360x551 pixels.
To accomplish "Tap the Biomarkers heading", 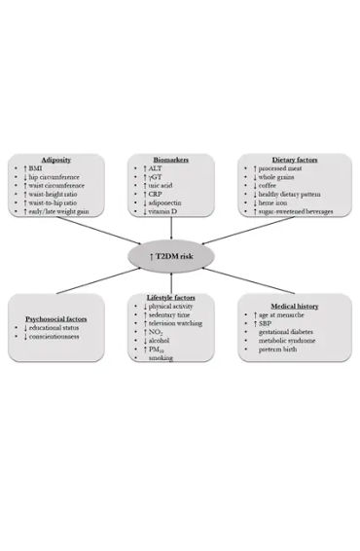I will click(171, 159).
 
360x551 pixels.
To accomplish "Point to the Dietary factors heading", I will click(287, 159).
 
